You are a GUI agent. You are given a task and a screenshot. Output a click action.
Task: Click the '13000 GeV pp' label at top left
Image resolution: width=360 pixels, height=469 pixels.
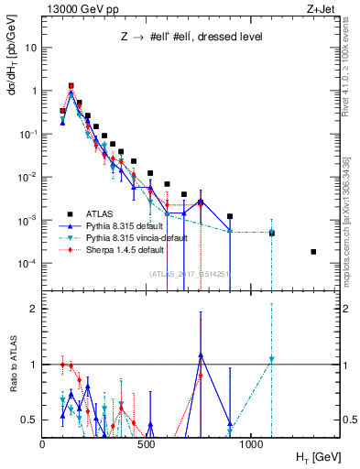[x=80, y=8]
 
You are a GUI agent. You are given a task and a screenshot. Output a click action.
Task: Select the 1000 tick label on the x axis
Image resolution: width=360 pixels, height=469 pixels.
[x=257, y=443]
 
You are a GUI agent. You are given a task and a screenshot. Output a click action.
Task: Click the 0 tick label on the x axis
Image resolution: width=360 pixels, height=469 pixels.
[x=43, y=443]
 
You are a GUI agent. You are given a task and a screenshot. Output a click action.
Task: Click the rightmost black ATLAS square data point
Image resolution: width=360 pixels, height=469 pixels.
[x=313, y=252]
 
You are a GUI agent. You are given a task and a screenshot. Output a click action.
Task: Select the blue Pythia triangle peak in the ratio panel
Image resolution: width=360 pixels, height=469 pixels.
[x=200, y=355]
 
